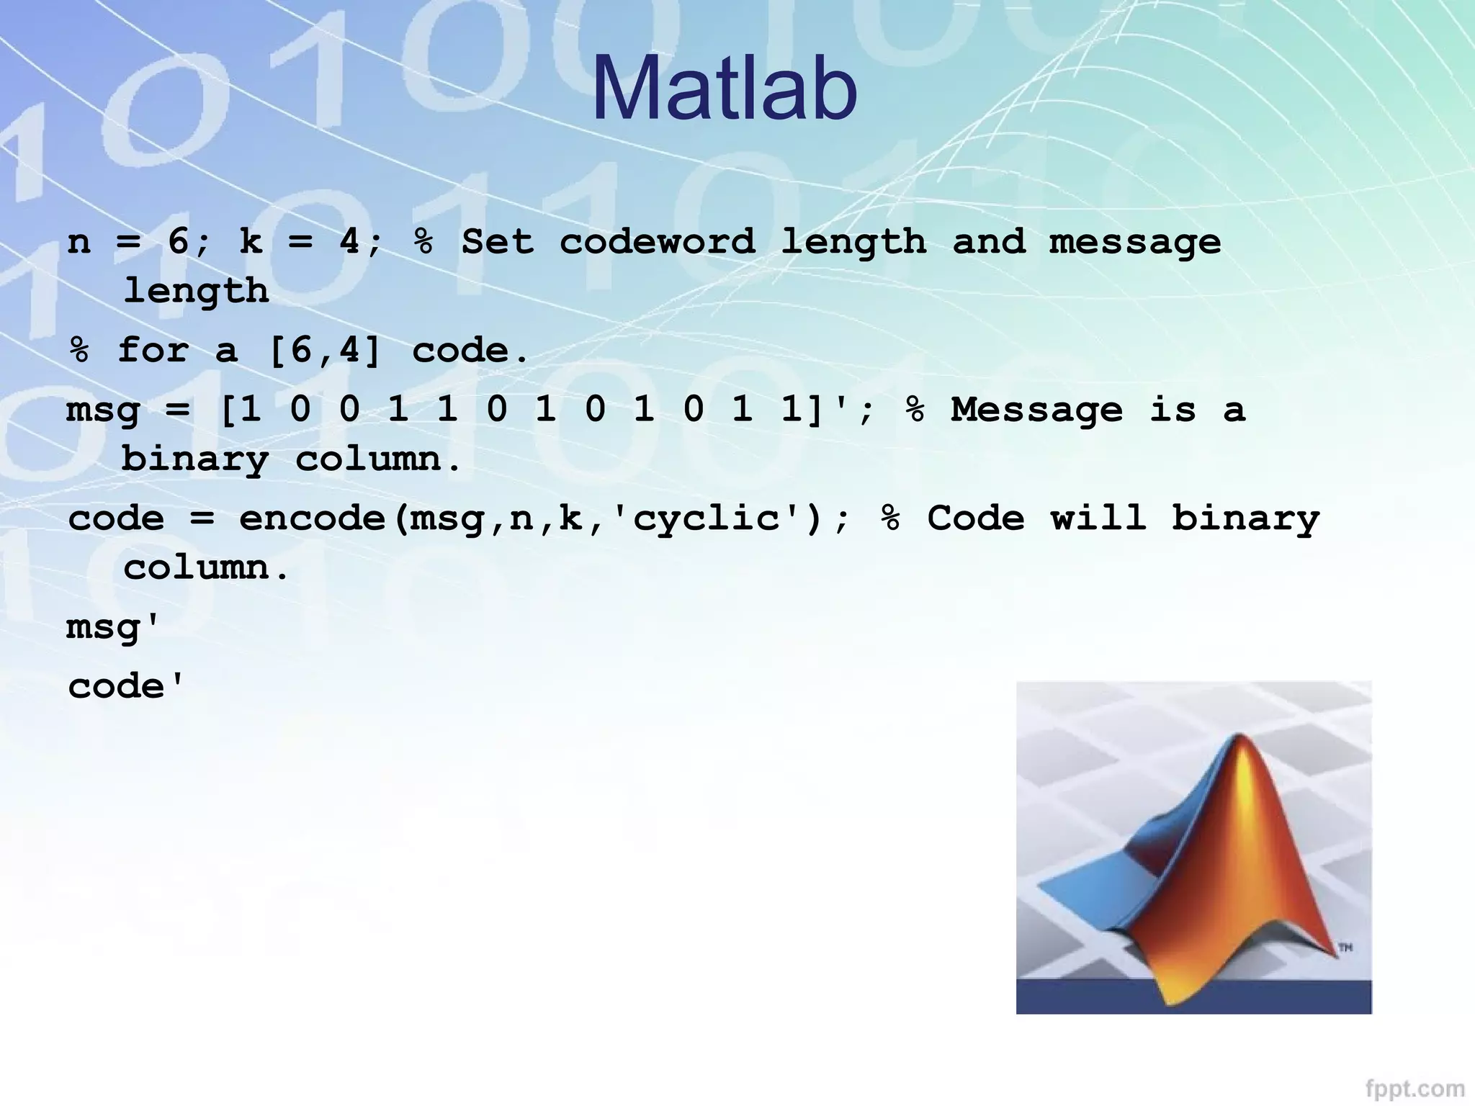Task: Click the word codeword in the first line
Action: click(658, 241)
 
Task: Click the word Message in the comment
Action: click(1036, 410)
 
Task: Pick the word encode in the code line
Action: click(312, 518)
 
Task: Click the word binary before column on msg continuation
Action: click(194, 459)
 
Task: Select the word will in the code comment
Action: click(1098, 518)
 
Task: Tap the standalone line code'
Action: click(125, 686)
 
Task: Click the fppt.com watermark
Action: click(1415, 1088)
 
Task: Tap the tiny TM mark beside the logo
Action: click(1345, 948)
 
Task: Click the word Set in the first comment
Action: click(498, 241)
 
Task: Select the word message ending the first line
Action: click(1135, 243)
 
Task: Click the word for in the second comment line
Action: click(153, 351)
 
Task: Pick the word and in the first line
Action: click(988, 241)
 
